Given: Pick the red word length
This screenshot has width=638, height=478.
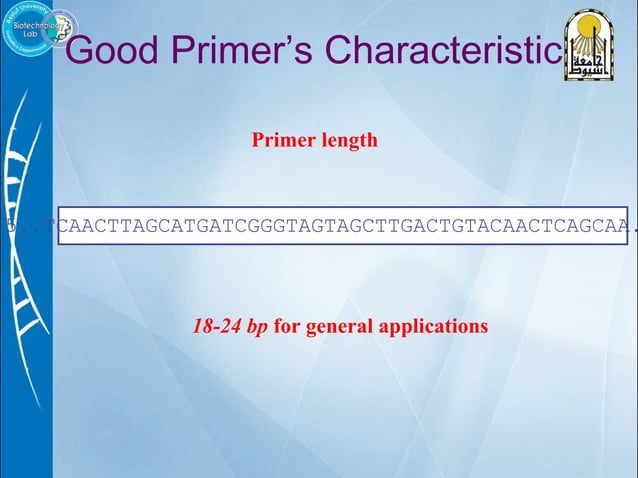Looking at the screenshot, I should pos(350,140).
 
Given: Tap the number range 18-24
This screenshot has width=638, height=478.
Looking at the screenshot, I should pos(217,326).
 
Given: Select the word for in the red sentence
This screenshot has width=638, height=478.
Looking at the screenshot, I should pos(287,326).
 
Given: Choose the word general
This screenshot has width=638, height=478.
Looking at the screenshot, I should pos(335,327).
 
